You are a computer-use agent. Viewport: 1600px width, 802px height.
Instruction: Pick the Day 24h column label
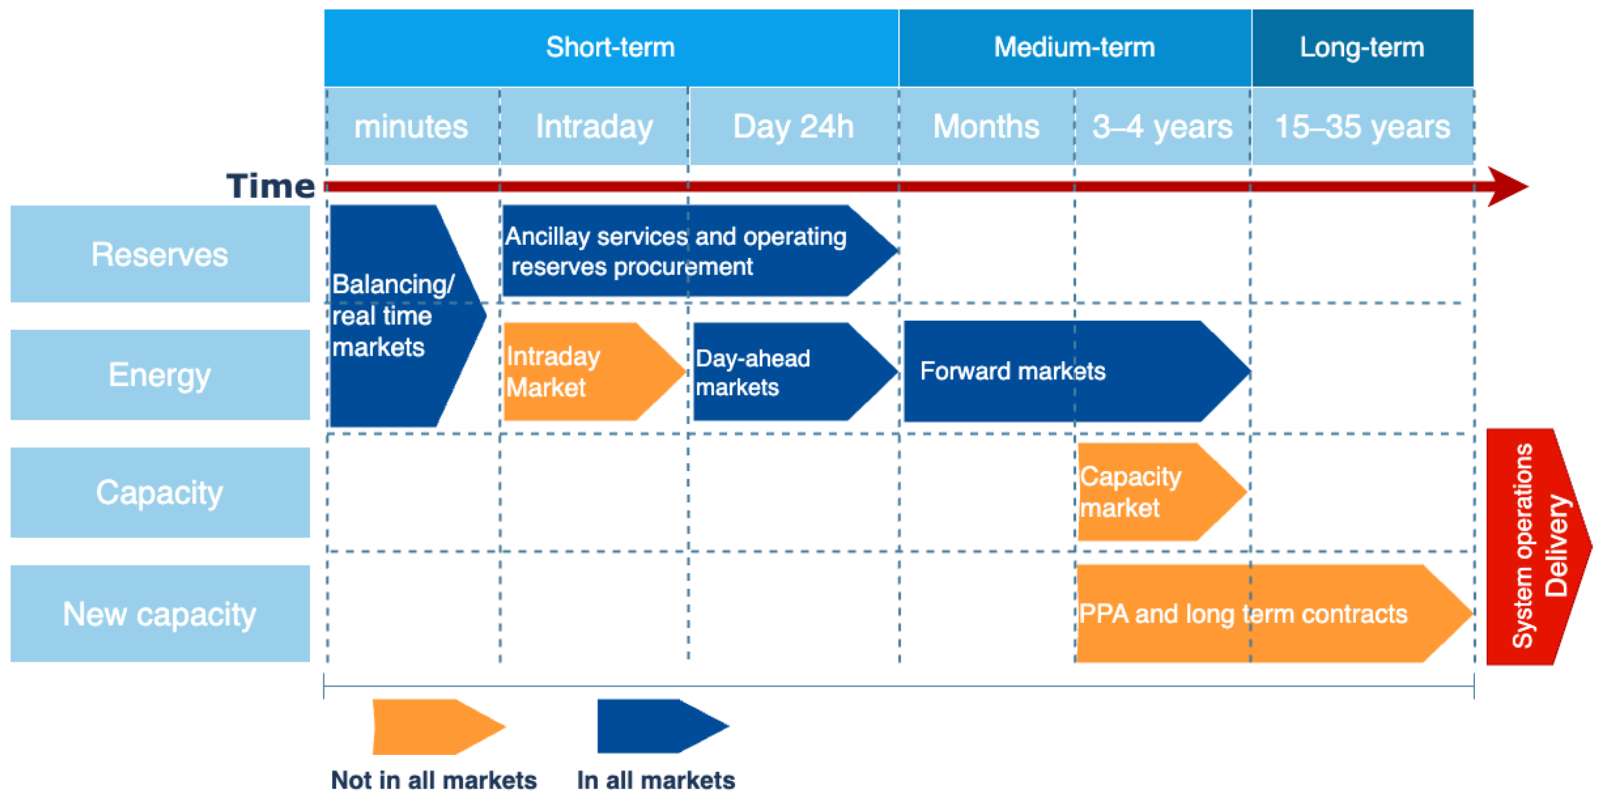click(794, 127)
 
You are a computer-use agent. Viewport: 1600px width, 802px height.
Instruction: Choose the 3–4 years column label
click(1163, 127)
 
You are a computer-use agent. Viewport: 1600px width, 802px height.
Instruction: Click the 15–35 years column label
click(1363, 127)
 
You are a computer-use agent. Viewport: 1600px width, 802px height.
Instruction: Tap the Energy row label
click(160, 375)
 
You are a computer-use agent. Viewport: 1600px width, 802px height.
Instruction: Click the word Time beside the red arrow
click(271, 186)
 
